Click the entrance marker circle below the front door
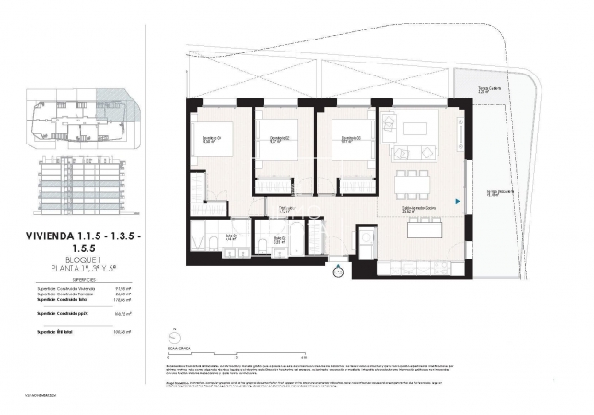337,271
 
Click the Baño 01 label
207,236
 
